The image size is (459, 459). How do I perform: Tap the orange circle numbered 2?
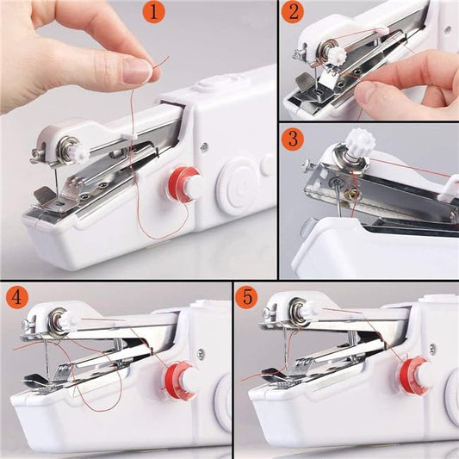pos(295,13)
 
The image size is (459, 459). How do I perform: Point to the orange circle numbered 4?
pos(16,298)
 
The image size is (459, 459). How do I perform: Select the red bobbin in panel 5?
pos(415,373)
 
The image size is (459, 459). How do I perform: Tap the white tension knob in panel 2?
pos(335,55)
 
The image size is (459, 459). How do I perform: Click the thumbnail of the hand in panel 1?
pos(137,71)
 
